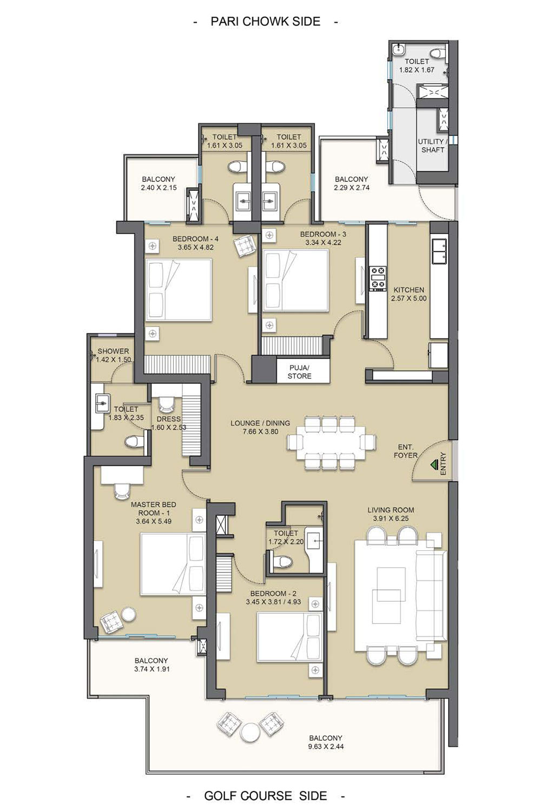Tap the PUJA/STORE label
click(x=299, y=372)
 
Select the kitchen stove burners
click(x=378, y=279)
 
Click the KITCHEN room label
click(x=409, y=290)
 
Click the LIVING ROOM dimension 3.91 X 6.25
click(x=391, y=518)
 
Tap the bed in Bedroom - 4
click(x=179, y=290)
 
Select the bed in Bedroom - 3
click(x=295, y=281)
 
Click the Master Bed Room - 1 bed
click(x=173, y=563)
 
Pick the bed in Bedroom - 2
click(x=289, y=636)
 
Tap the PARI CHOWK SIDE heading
click(x=266, y=22)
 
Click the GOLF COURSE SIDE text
click(x=266, y=795)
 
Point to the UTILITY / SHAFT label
click(x=433, y=145)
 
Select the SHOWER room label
click(x=113, y=351)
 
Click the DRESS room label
click(x=168, y=418)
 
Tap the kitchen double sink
click(x=439, y=251)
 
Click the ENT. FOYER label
click(x=405, y=451)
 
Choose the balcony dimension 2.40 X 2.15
click(x=159, y=188)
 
